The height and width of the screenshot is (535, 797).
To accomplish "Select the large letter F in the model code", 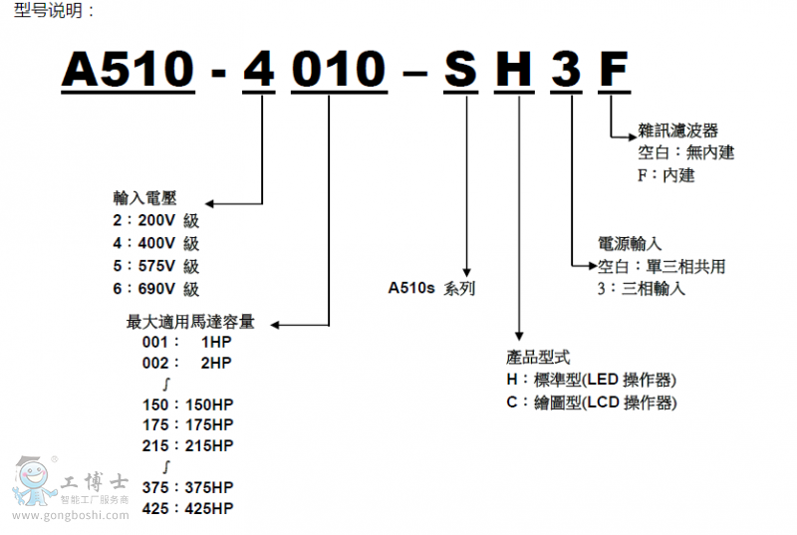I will click(614, 71).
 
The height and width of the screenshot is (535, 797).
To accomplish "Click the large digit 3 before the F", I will click(567, 71).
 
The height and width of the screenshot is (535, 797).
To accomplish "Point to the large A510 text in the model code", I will click(128, 71).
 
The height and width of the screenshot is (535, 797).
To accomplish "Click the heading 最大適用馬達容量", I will click(190, 322).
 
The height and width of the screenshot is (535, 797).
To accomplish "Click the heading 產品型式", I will click(538, 357).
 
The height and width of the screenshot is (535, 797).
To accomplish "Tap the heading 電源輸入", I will click(630, 244).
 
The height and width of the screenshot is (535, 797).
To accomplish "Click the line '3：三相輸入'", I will click(642, 289).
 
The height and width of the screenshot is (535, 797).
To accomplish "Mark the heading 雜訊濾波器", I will click(677, 131).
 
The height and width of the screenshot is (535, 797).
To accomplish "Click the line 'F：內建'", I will click(665, 175).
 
